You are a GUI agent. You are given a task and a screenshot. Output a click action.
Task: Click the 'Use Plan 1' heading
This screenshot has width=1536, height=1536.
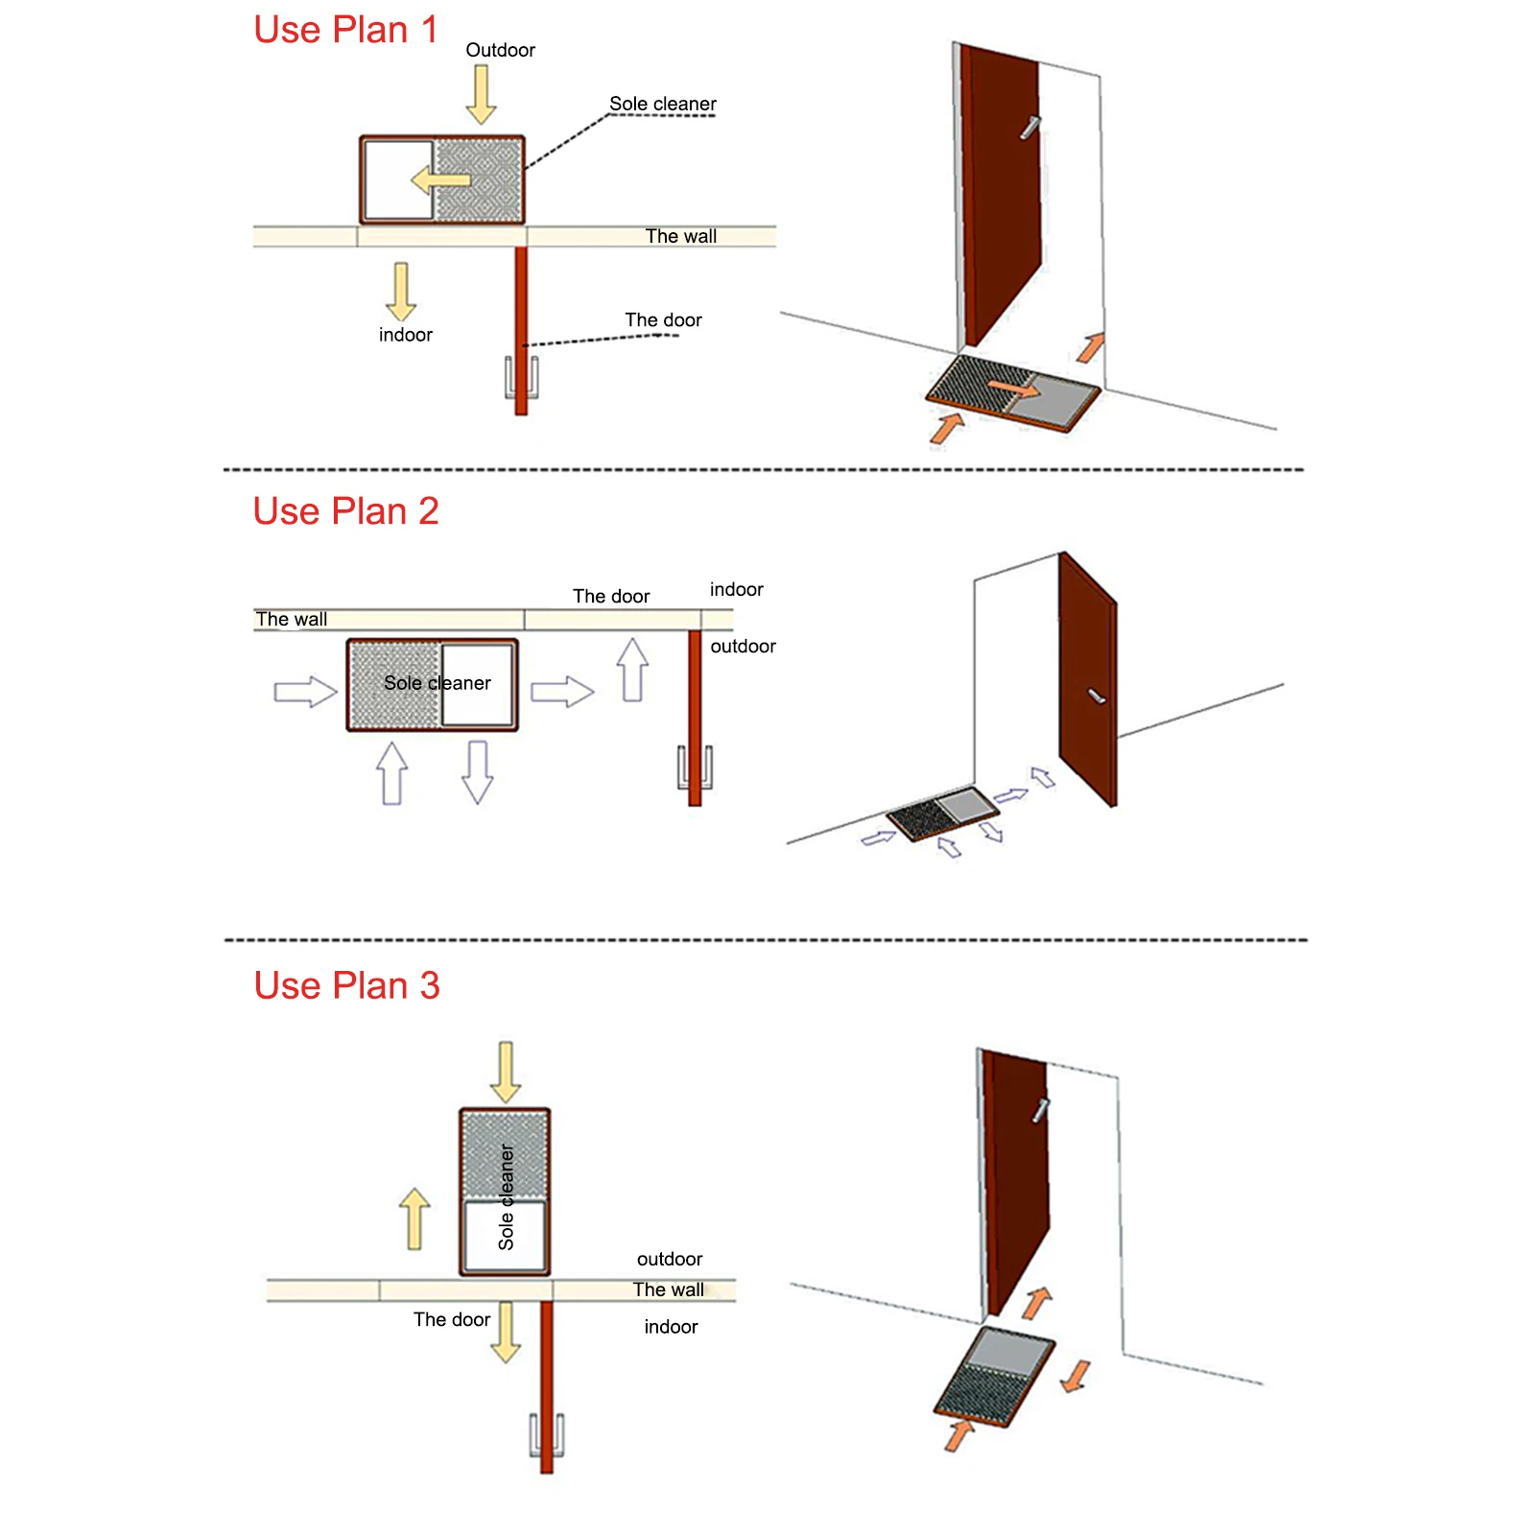click(345, 30)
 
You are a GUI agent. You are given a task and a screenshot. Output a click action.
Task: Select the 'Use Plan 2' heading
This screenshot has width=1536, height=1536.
click(345, 511)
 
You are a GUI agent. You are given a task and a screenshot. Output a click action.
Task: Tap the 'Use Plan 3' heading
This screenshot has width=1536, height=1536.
click(346, 985)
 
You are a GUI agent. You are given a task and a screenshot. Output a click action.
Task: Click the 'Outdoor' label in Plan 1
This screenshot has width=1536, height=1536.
click(500, 50)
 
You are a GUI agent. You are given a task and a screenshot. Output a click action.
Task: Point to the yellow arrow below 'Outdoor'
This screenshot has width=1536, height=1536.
click(481, 95)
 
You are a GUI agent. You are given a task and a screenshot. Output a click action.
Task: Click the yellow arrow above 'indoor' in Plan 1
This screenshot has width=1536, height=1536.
click(401, 292)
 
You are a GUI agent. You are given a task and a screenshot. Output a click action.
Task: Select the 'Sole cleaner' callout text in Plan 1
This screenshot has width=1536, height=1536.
click(663, 104)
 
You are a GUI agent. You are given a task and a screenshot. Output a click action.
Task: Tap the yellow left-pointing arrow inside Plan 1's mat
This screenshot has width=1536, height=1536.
click(440, 179)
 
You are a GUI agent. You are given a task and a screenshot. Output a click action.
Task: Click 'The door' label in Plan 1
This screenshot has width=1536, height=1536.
click(663, 319)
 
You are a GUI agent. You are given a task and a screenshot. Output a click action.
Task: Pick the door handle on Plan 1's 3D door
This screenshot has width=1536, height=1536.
click(1029, 128)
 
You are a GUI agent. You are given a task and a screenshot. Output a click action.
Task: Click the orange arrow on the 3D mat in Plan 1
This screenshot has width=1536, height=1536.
click(1013, 389)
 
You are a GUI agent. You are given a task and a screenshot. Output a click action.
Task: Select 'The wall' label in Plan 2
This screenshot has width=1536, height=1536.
click(292, 619)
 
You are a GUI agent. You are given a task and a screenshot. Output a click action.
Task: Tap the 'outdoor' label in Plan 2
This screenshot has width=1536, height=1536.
click(743, 646)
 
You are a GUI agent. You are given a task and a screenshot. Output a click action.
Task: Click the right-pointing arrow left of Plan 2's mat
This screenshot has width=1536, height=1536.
click(305, 692)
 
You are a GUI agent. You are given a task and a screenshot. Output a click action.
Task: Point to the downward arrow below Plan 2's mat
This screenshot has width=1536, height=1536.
click(477, 771)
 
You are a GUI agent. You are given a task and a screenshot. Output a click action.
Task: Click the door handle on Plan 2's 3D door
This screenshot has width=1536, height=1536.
click(1097, 696)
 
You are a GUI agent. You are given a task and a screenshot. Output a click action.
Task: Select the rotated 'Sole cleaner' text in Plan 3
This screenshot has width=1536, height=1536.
click(506, 1196)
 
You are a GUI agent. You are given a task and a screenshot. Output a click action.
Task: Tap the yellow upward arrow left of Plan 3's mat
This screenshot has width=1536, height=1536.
click(414, 1218)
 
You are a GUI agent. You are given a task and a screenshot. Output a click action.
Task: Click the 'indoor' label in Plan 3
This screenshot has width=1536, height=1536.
click(671, 1327)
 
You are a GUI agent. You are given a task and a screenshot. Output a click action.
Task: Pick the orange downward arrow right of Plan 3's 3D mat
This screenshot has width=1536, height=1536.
click(1076, 1376)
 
